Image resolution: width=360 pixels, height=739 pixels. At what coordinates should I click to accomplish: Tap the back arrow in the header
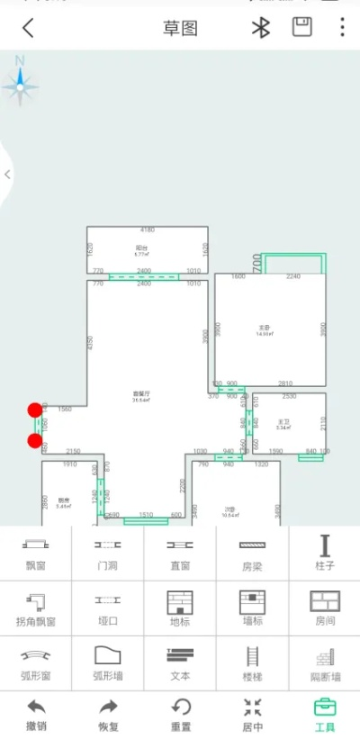tap(28, 28)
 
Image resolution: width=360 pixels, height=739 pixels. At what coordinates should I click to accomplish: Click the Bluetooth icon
tap(260, 28)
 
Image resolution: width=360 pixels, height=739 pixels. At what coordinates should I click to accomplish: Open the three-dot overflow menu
tap(342, 28)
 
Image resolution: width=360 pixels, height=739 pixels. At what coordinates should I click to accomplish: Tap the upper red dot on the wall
tap(35, 410)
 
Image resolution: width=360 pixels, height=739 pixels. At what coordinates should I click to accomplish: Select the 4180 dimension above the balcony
tap(148, 230)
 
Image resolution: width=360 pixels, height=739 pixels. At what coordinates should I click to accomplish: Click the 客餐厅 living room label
tap(140, 395)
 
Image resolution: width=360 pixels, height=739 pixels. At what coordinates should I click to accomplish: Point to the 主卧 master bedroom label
tap(264, 329)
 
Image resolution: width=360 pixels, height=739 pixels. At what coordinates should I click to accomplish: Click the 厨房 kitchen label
tap(63, 502)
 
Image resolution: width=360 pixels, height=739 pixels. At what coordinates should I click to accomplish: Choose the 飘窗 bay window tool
tap(36, 553)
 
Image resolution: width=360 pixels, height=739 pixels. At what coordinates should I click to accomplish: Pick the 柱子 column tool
tap(324, 553)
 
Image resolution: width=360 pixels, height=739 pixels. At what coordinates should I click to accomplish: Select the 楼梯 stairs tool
tap(252, 662)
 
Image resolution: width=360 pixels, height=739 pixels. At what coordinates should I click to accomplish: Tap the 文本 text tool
tap(180, 662)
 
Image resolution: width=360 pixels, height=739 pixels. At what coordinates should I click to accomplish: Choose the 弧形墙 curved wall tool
tap(108, 662)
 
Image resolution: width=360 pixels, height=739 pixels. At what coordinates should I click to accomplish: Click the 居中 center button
tap(252, 716)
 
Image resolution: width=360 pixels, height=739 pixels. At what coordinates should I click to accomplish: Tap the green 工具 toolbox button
tap(324, 716)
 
